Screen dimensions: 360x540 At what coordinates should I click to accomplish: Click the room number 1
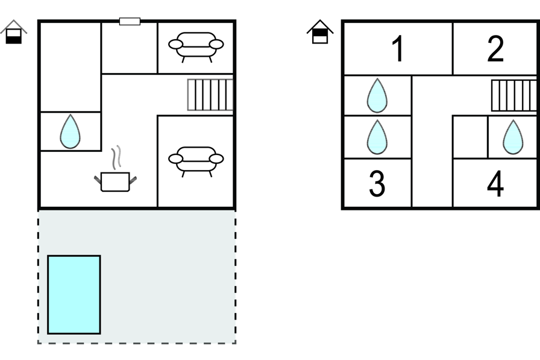tap(397, 49)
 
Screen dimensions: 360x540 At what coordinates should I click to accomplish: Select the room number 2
tap(495, 49)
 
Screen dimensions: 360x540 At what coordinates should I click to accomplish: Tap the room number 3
tap(377, 185)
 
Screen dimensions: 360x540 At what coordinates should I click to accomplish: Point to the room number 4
tap(495, 185)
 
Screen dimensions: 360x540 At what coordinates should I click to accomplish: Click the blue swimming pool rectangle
tap(74, 294)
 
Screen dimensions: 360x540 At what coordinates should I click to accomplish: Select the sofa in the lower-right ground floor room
tap(196, 160)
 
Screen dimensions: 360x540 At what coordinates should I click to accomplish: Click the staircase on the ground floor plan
tap(210, 95)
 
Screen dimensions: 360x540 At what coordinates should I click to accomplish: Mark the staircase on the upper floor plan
tap(513, 95)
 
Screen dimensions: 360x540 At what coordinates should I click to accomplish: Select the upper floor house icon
tap(320, 32)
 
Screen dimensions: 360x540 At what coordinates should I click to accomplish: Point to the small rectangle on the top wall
tap(130, 22)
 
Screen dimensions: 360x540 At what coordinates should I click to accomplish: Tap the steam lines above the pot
tap(118, 156)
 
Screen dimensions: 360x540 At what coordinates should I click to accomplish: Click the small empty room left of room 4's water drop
tap(469, 137)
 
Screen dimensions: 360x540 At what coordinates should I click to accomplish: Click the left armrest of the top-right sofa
tap(175, 44)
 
